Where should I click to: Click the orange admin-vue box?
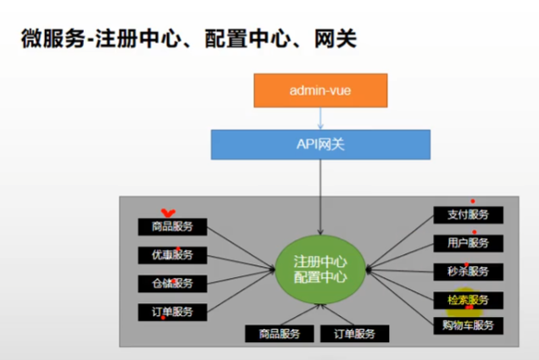click(320, 91)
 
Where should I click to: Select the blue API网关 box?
click(320, 144)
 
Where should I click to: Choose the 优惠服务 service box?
click(172, 255)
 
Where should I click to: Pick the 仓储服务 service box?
click(172, 283)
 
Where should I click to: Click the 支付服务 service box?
click(469, 215)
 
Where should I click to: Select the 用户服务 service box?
click(469, 243)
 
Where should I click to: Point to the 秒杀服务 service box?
click(469, 271)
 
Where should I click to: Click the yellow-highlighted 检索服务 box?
click(469, 300)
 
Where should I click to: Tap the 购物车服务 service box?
click(469, 324)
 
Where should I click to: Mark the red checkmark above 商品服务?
click(169, 213)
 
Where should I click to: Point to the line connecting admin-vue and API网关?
click(320, 118)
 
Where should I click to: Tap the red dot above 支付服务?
click(473, 202)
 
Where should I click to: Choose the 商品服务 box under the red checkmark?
click(172, 226)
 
